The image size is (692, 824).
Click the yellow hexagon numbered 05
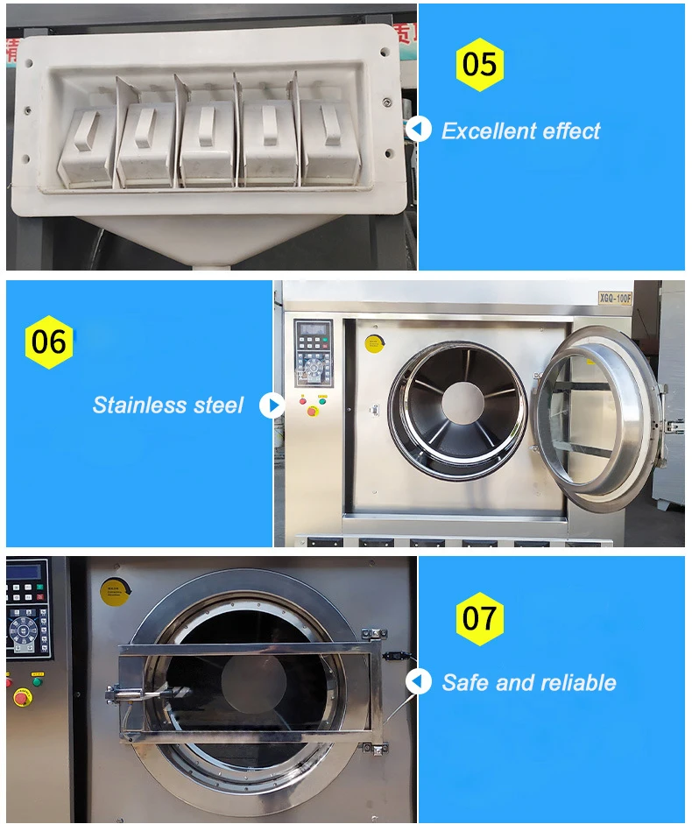click(x=479, y=64)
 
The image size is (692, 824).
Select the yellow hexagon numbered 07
click(x=479, y=618)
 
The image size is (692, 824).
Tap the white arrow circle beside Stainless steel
click(x=272, y=405)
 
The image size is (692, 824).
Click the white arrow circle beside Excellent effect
click(x=419, y=130)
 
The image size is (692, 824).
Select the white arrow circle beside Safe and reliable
click(x=419, y=681)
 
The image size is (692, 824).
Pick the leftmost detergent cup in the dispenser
click(x=86, y=144)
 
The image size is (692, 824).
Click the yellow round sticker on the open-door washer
click(x=374, y=342)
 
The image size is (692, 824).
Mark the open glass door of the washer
click(x=596, y=419)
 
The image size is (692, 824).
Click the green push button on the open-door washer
click(x=321, y=401)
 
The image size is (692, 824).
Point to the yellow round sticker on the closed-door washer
click(x=114, y=593)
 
